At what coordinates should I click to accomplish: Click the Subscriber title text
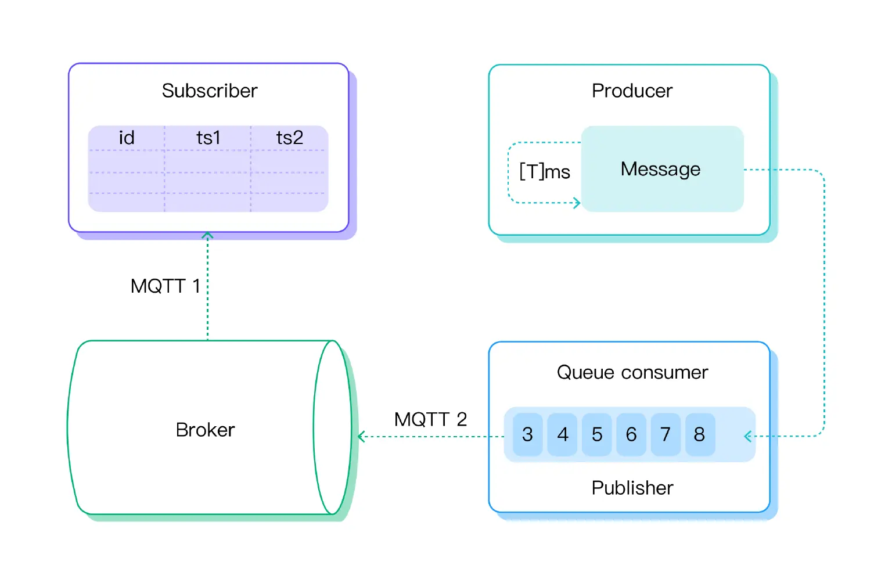[x=209, y=91]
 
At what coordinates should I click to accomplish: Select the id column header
[x=127, y=138]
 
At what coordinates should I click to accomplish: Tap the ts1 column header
[x=208, y=138]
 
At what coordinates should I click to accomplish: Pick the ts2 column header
[x=289, y=138]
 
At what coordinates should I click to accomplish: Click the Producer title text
[x=632, y=91]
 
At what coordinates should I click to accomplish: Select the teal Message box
[x=662, y=169]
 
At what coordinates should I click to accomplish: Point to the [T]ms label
[x=544, y=171]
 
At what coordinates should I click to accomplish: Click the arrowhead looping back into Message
[x=577, y=203]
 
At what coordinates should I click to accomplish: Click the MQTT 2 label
[x=430, y=419]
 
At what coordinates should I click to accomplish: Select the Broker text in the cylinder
[x=205, y=430]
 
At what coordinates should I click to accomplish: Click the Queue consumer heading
[x=632, y=372]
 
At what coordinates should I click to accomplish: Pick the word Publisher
[x=632, y=488]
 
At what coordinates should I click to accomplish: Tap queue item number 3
[x=527, y=434]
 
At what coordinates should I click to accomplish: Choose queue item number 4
[x=562, y=434]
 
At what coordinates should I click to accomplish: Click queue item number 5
[x=596, y=434]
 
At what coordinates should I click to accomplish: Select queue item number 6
[x=631, y=434]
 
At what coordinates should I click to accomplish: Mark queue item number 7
[x=666, y=434]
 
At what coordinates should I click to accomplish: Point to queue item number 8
[x=699, y=434]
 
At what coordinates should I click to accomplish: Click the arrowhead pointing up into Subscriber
[x=207, y=235]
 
